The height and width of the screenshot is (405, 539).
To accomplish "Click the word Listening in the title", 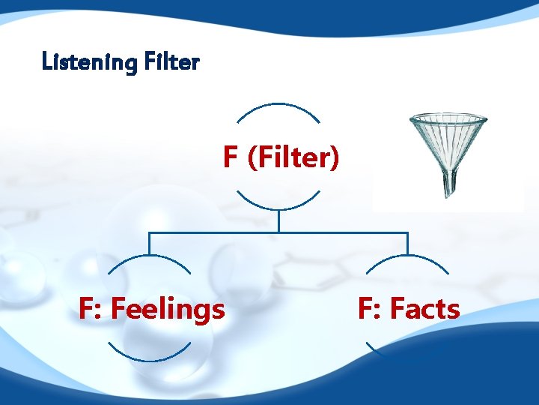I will pos(88,61).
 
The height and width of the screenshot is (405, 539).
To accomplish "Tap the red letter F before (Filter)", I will pos(231,158).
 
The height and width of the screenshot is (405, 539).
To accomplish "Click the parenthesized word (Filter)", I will pos(293,158).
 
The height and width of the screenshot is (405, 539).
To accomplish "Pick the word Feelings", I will pos(167,308).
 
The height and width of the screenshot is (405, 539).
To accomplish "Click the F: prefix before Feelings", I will pos(91,308).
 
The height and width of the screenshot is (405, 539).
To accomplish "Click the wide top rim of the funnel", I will pos(448,118).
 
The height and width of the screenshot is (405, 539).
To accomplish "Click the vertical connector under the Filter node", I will pos(278,221).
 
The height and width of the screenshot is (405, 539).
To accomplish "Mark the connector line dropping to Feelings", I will pos(149,244).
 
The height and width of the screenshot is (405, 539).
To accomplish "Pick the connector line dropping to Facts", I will pos(408,244).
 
